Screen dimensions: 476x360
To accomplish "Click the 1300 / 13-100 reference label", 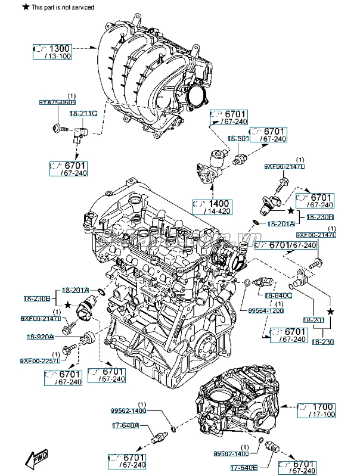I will [52, 51].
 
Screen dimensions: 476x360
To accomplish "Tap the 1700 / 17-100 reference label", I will [319, 410].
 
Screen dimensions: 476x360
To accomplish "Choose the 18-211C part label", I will [83, 112].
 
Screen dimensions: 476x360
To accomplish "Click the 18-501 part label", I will [239, 138].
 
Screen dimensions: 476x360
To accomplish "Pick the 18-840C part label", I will [278, 295].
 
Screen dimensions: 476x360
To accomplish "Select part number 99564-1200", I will [266, 310].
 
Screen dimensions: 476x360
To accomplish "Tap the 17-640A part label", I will [125, 425].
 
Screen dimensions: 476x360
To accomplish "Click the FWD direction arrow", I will [37, 459].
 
